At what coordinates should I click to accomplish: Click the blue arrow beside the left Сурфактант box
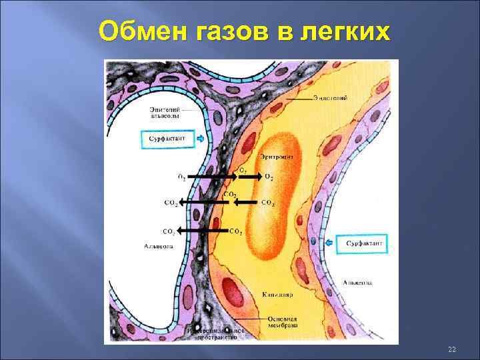[x=201, y=139]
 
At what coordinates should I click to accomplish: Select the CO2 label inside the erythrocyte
[x=269, y=202]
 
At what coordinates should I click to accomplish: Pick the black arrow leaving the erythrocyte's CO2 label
[x=246, y=202]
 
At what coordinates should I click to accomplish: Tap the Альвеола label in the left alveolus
[x=159, y=246]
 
